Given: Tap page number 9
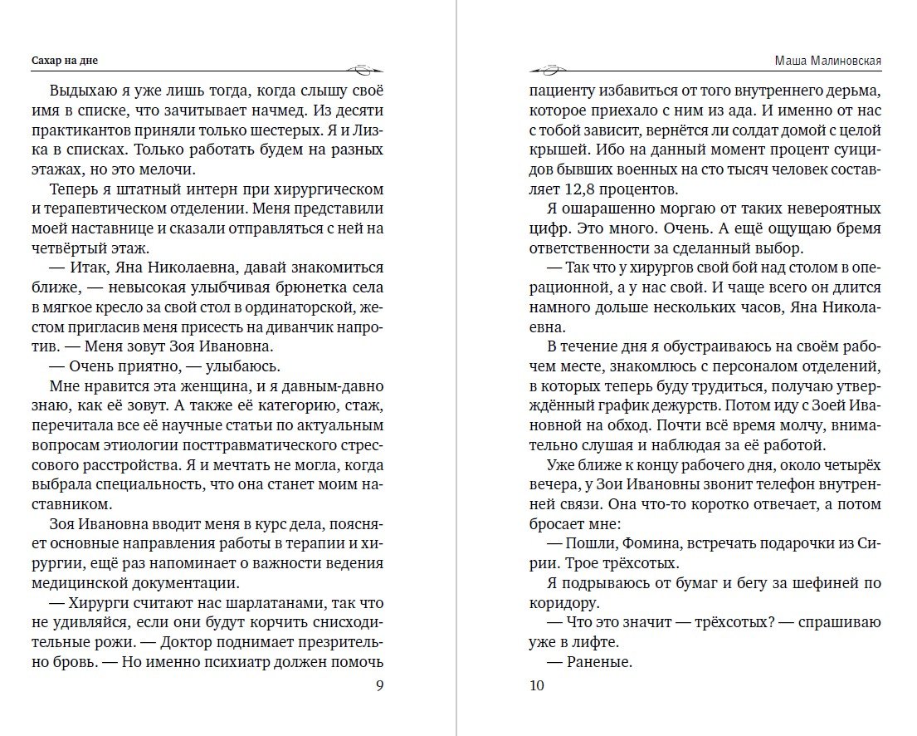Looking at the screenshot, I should tap(379, 685).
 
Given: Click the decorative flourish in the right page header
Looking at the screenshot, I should tap(550, 68).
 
